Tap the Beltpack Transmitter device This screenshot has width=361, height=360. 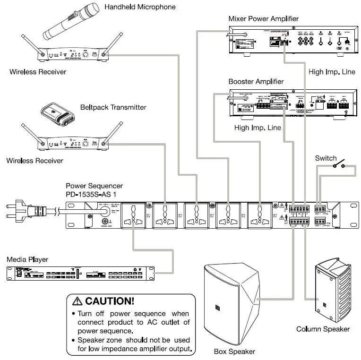click(x=58, y=112)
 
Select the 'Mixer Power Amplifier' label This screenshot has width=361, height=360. click(x=263, y=19)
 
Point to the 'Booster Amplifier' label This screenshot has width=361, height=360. click(x=256, y=82)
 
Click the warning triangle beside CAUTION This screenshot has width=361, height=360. click(x=77, y=301)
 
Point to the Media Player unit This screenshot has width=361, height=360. click(x=80, y=274)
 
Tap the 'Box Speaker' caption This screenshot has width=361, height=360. click(x=234, y=351)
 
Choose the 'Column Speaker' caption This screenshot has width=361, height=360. click(x=323, y=329)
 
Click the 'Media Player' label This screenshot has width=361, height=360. click(x=27, y=260)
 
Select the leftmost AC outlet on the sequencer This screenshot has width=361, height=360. click(x=133, y=215)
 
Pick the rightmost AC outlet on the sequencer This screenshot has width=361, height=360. click(x=259, y=215)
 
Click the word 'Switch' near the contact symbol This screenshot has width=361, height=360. click(x=326, y=158)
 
